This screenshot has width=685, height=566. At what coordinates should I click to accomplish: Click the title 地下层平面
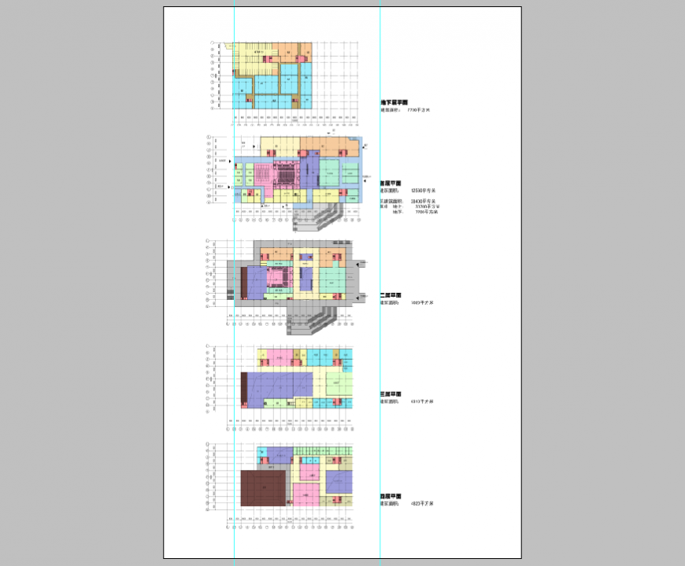[x=392, y=102]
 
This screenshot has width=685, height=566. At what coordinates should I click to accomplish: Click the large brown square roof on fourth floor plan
[x=263, y=488]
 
